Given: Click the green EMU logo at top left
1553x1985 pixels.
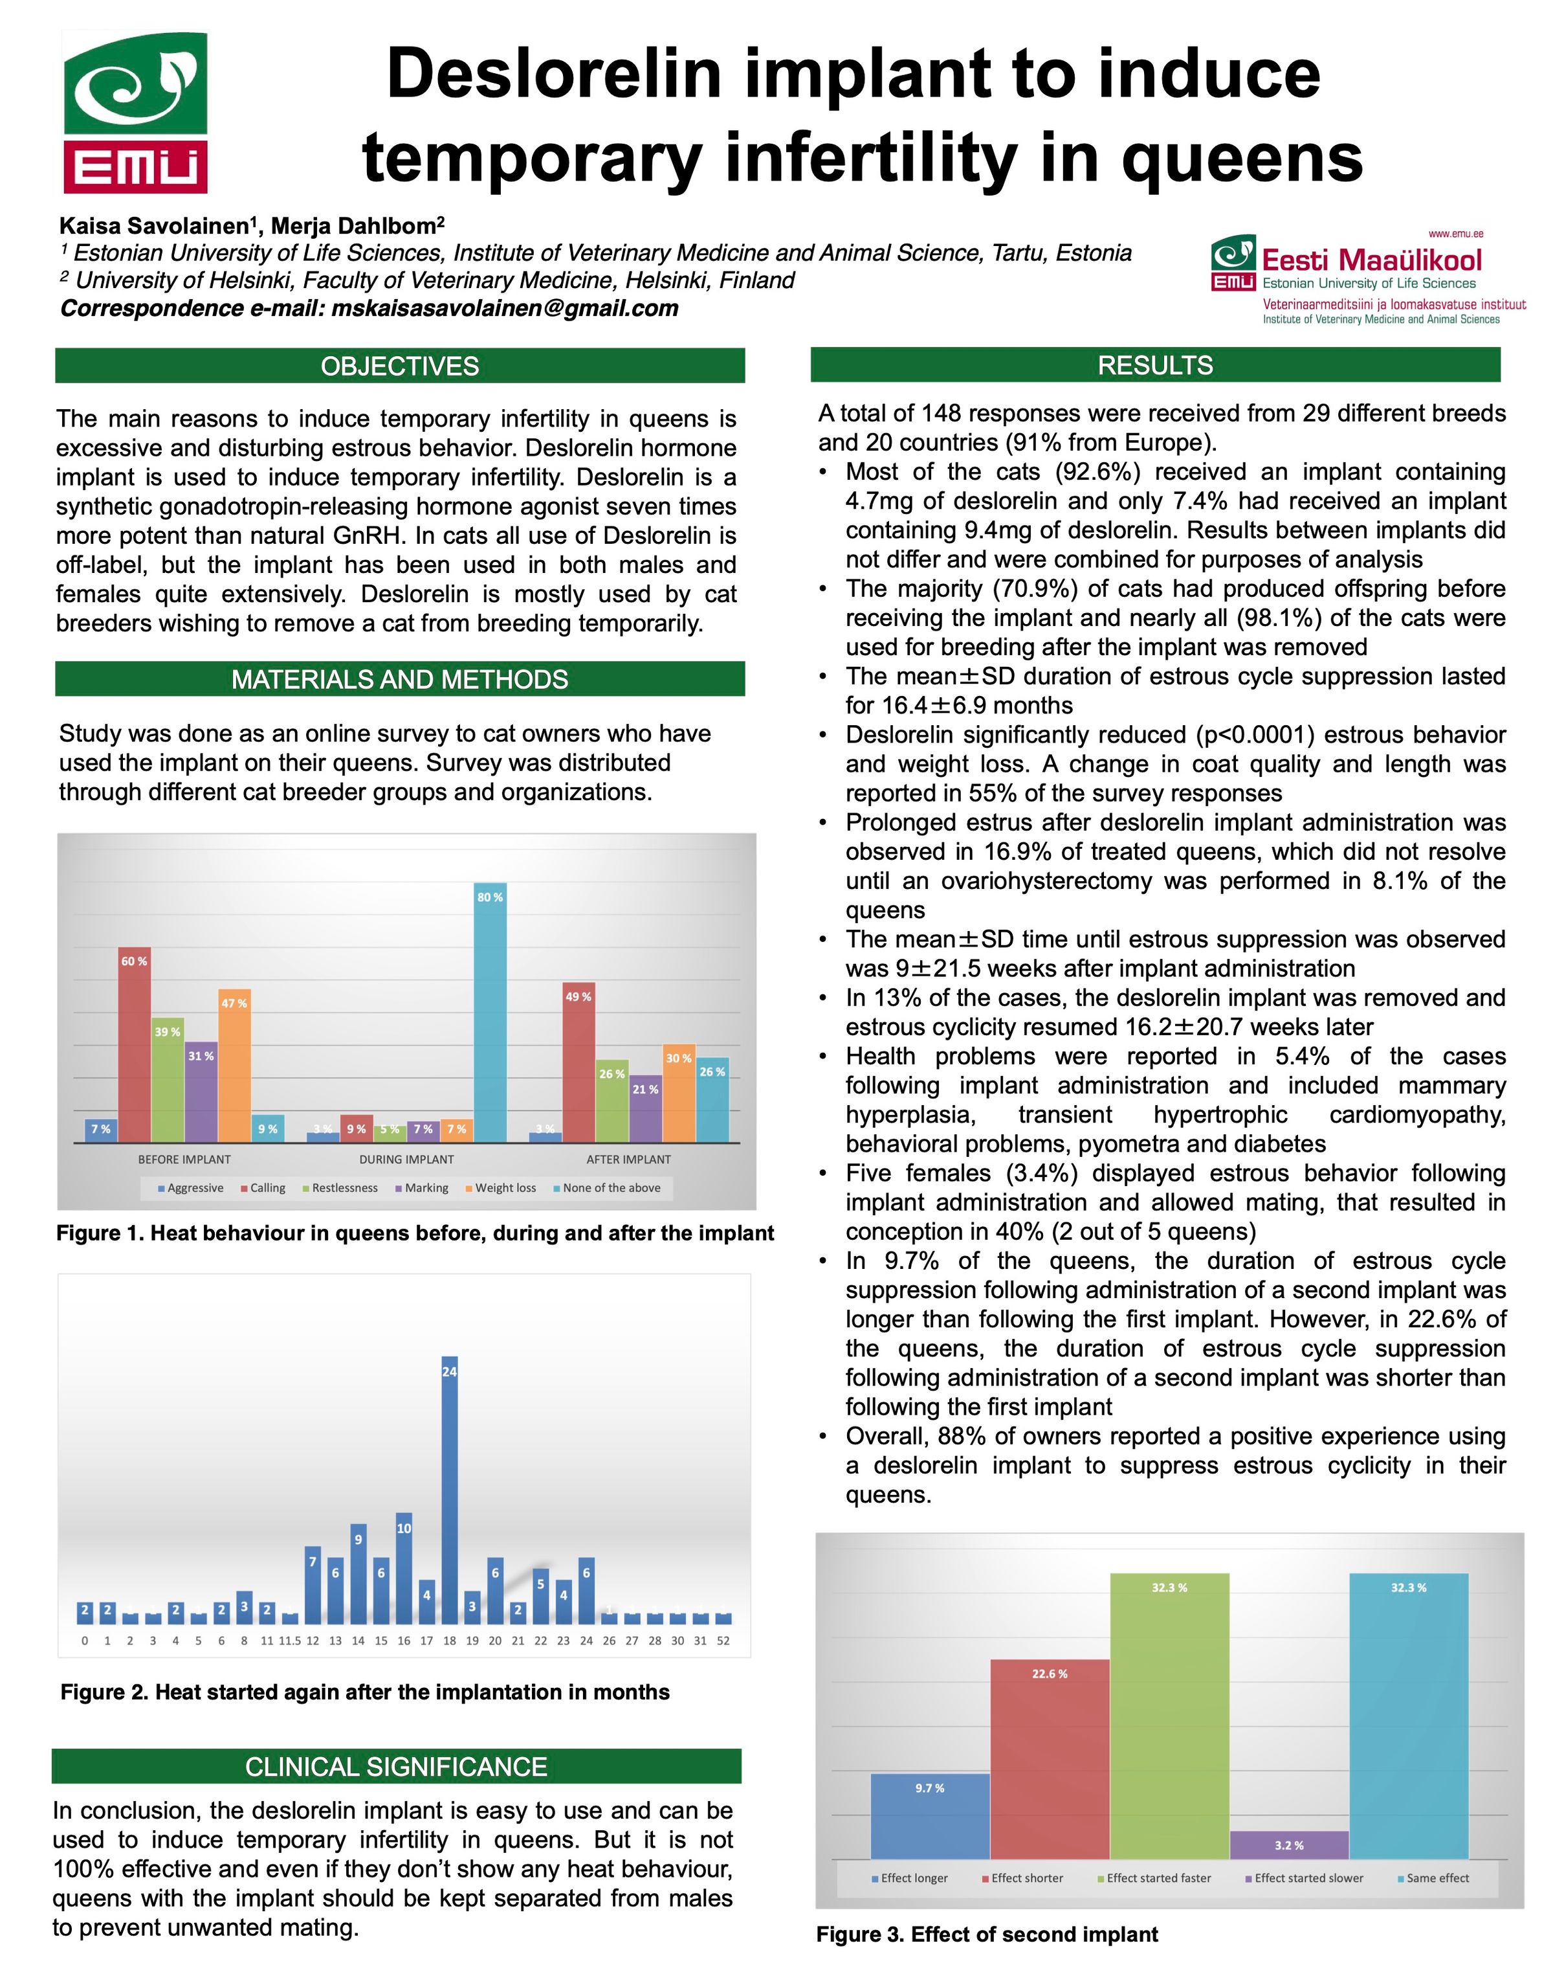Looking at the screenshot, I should pos(135,113).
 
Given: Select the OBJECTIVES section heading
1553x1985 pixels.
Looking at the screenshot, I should pos(399,366).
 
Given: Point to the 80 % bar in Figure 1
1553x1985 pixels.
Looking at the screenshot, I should pos(490,1012).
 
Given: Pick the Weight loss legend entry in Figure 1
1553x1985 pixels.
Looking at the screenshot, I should pos(500,1188).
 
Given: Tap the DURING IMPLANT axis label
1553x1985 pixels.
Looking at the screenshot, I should pos(406,1159).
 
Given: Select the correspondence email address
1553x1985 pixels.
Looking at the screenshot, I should pos(505,308).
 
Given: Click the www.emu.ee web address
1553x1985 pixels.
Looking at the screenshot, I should pos(1456,234).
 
